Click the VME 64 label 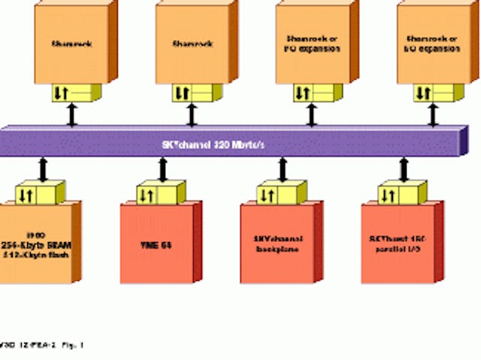156,245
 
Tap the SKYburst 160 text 397,240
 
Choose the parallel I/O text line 395,250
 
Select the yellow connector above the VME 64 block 158,195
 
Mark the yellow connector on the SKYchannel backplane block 277,195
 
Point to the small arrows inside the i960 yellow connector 25,196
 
